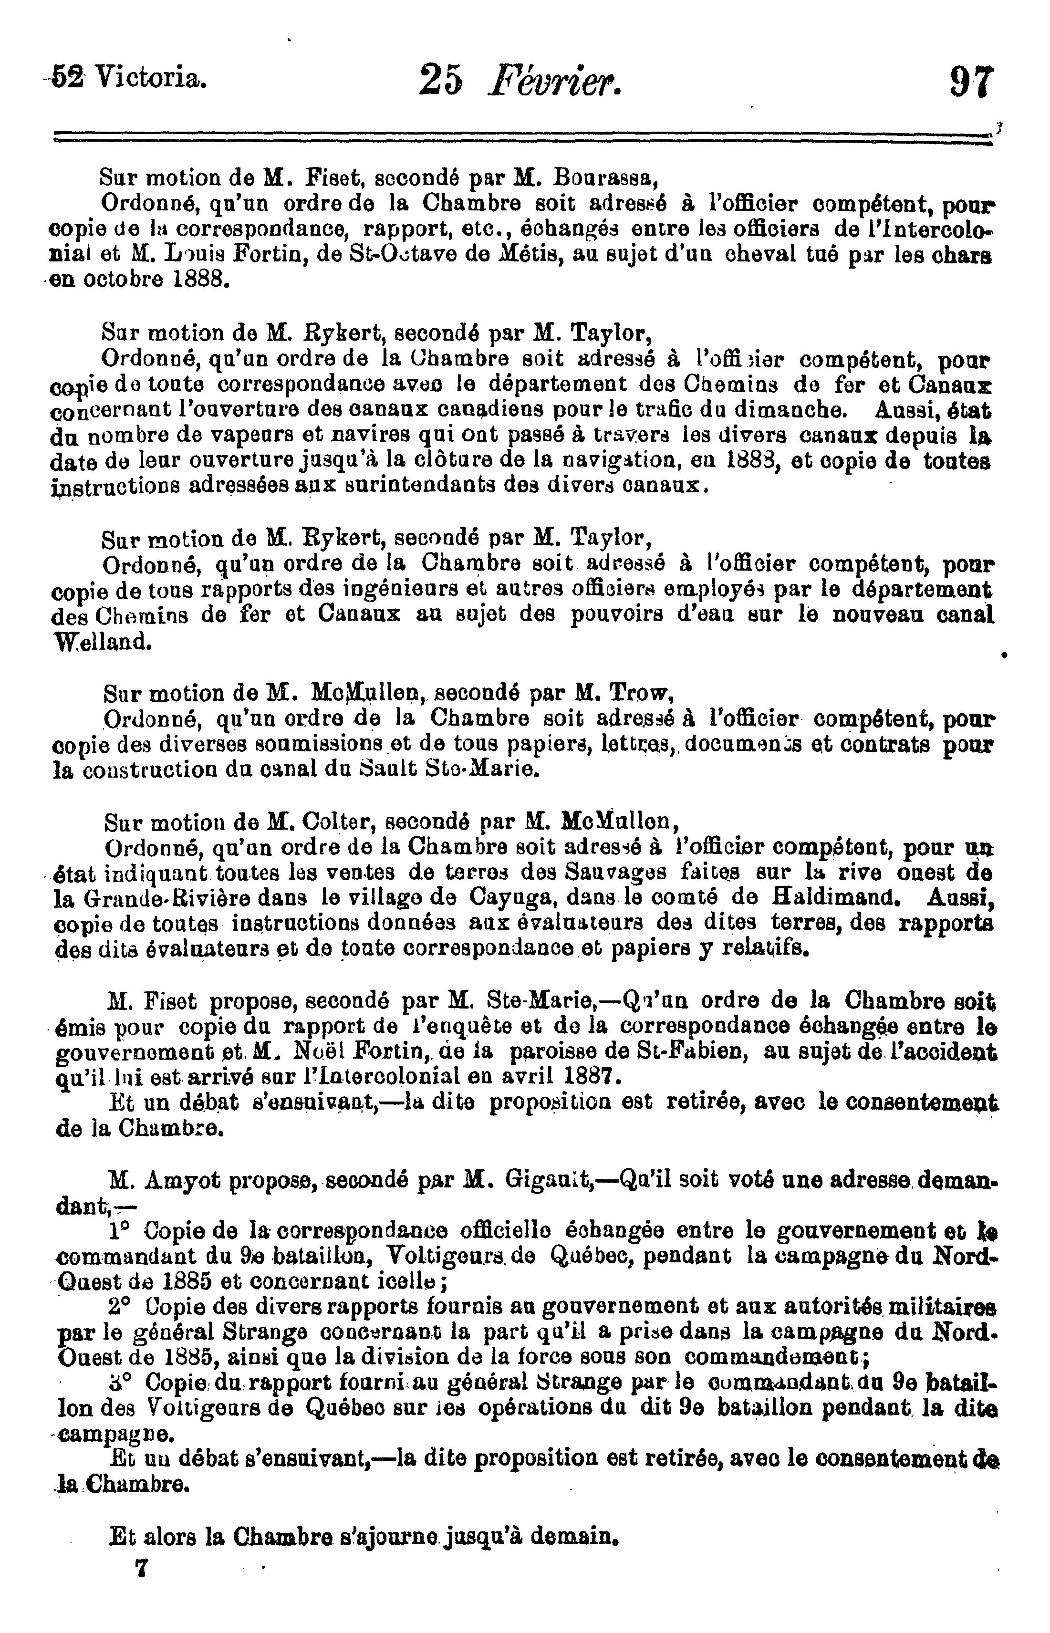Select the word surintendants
424,487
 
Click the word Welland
102,642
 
